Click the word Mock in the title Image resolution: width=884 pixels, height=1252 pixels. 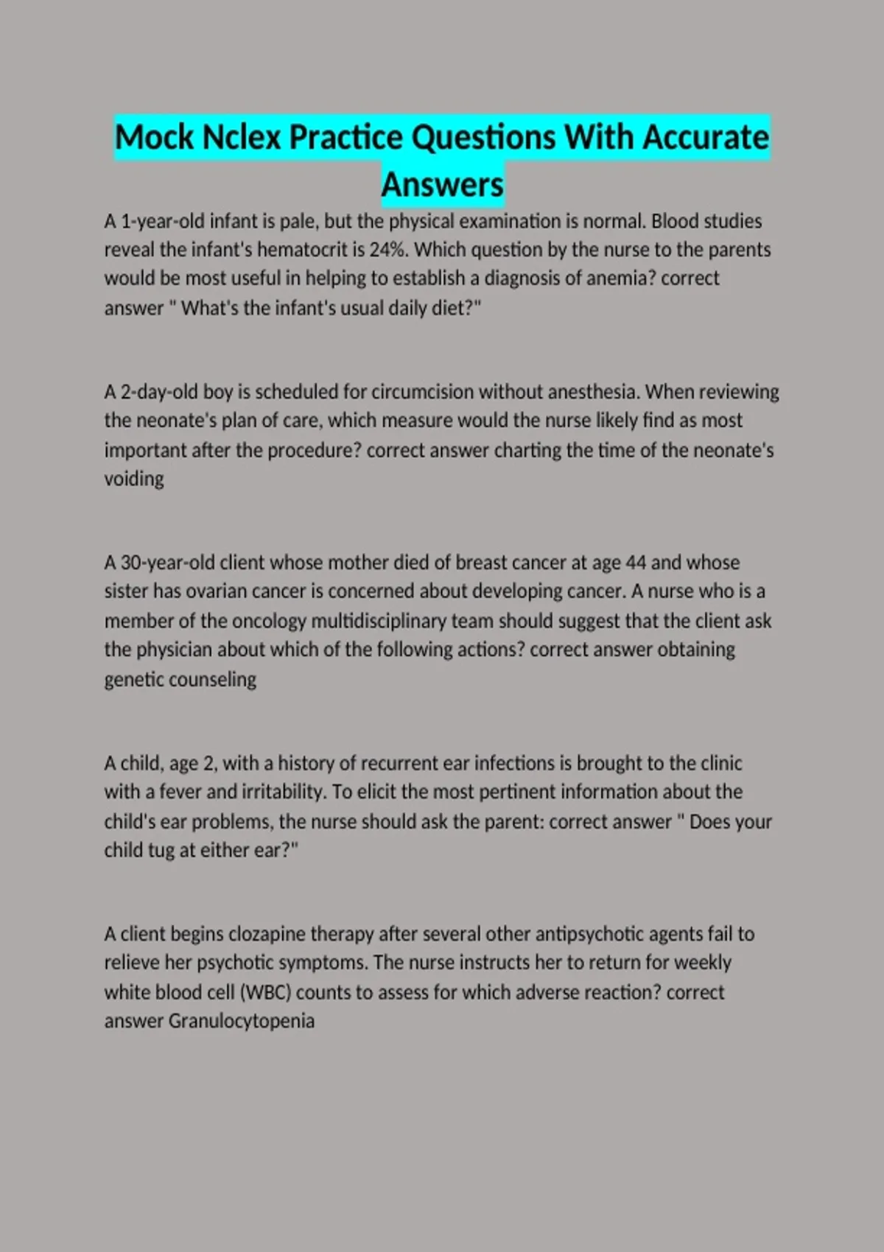[x=153, y=138]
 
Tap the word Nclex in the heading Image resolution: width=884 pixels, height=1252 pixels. [x=241, y=138]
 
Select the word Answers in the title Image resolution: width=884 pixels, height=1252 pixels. [x=442, y=185]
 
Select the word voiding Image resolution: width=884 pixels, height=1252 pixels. [x=134, y=479]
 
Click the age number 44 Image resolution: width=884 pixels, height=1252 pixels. [x=635, y=563]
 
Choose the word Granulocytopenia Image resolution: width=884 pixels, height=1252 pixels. [x=242, y=1021]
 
